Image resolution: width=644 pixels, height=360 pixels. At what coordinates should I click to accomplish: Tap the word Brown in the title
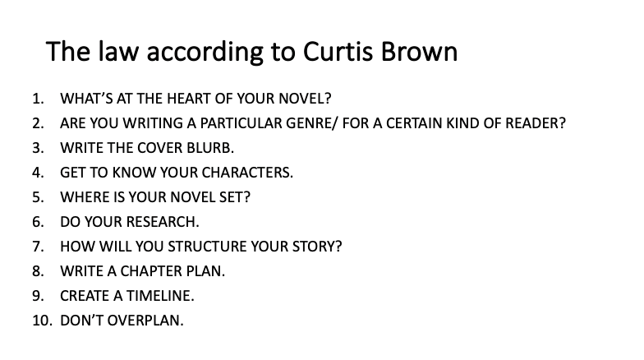pyautogui.click(x=419, y=52)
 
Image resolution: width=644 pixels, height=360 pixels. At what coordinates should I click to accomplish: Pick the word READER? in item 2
pyautogui.click(x=536, y=123)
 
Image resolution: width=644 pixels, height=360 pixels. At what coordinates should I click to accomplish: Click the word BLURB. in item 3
pyautogui.click(x=210, y=148)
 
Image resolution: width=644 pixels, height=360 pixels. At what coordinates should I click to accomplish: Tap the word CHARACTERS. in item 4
pyautogui.click(x=247, y=173)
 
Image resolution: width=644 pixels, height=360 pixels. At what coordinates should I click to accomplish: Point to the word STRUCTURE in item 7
pyautogui.click(x=207, y=247)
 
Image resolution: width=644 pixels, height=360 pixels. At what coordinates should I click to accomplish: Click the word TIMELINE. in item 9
pyautogui.click(x=160, y=296)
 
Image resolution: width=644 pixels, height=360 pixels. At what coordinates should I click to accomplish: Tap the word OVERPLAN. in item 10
pyautogui.click(x=145, y=321)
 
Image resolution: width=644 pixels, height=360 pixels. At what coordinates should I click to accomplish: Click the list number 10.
pyautogui.click(x=43, y=321)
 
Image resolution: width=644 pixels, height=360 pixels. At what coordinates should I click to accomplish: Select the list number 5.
pyautogui.click(x=38, y=197)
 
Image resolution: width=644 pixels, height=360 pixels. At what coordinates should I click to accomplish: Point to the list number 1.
pyautogui.click(x=38, y=99)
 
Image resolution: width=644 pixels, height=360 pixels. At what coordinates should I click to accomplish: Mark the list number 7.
pyautogui.click(x=38, y=247)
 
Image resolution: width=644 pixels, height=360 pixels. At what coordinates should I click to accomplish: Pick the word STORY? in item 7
pyautogui.click(x=317, y=247)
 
